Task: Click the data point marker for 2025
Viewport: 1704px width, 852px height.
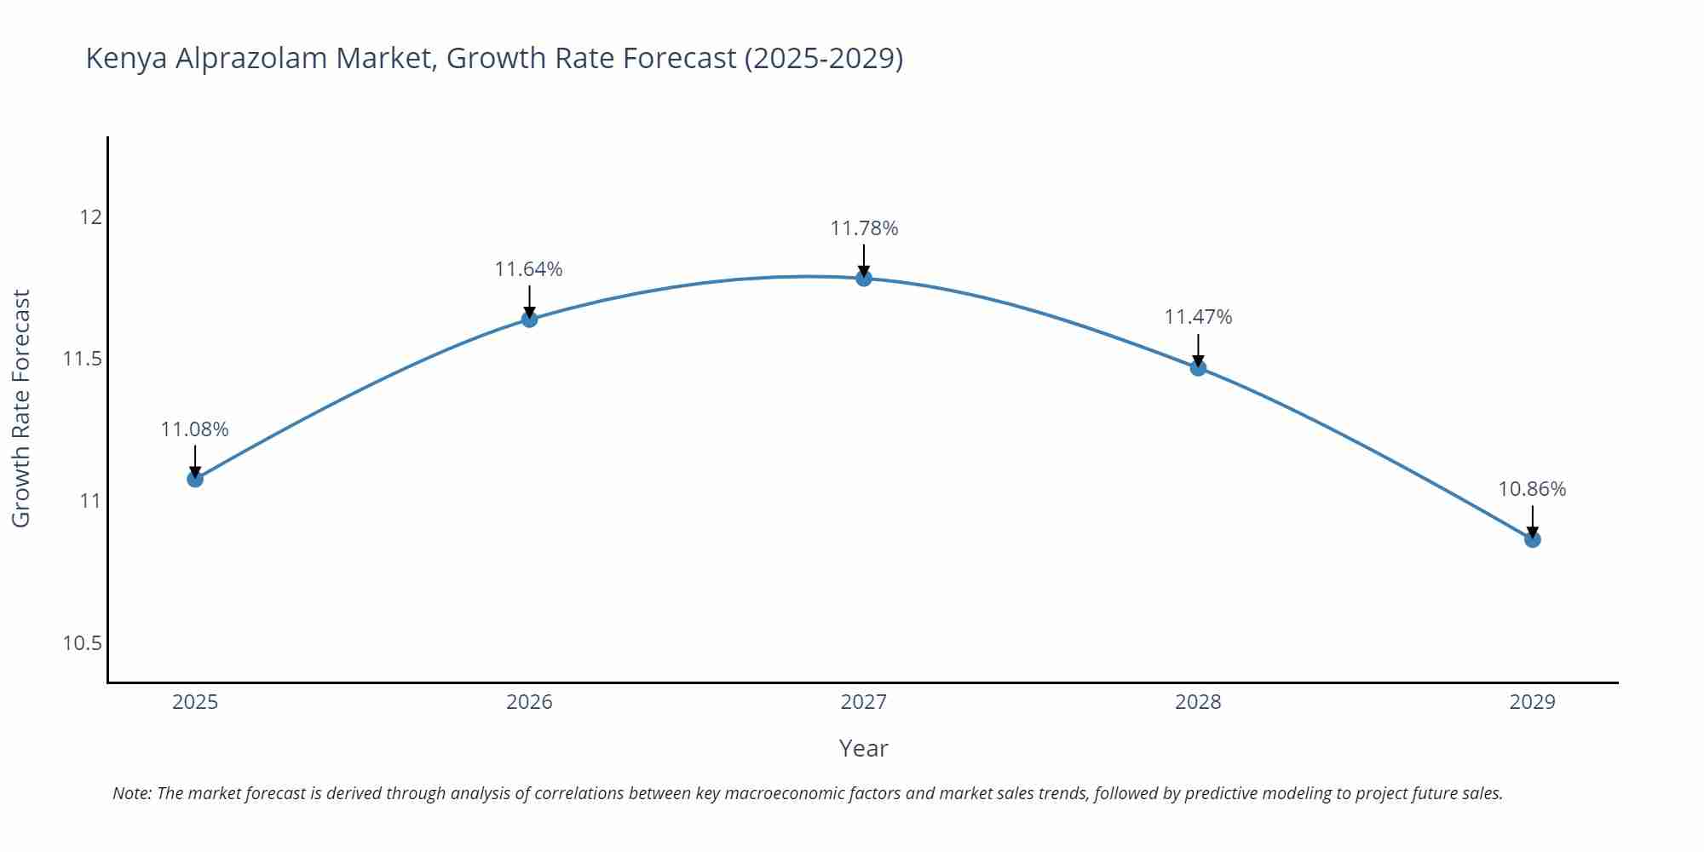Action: (195, 479)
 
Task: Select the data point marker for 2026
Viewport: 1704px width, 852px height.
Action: (529, 319)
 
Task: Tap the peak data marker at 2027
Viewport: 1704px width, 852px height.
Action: (864, 278)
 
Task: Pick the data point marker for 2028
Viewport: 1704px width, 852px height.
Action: (1198, 368)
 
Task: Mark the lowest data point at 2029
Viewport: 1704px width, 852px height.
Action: (1532, 539)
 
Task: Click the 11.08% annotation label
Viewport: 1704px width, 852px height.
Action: (195, 429)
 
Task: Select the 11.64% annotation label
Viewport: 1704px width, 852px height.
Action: (529, 269)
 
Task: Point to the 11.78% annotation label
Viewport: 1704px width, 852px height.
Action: (864, 228)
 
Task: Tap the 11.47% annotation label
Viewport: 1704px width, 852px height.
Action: (1198, 317)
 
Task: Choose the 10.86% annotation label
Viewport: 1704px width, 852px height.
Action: (1532, 489)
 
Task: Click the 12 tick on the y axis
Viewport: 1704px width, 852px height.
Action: (90, 217)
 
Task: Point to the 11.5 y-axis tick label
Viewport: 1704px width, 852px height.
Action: (82, 359)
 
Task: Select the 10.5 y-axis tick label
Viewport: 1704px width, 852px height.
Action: (82, 643)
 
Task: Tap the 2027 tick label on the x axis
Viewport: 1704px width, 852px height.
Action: (864, 702)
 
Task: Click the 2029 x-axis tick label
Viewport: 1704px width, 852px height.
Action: (1532, 702)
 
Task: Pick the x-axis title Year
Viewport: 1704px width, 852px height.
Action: (863, 748)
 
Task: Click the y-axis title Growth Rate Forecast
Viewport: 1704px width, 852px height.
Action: (21, 408)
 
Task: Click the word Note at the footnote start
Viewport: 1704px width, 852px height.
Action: (131, 793)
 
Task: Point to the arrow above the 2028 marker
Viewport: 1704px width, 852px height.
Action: (1198, 349)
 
